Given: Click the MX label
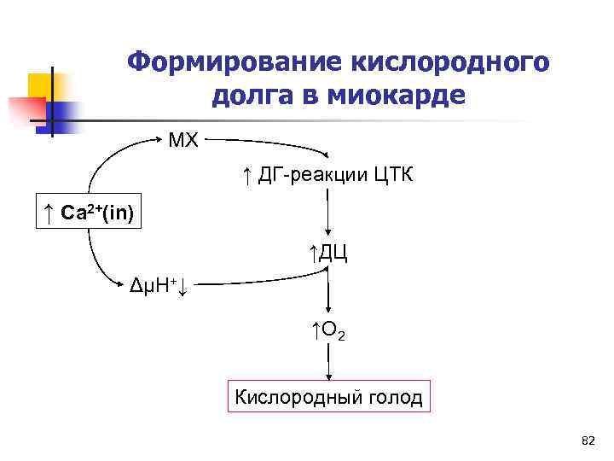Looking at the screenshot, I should tap(183, 140).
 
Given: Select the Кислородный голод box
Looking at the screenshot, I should tap(328, 397).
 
